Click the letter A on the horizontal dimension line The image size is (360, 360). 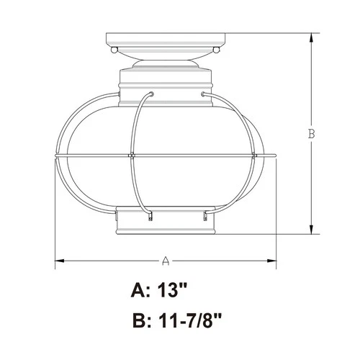pos(165,260)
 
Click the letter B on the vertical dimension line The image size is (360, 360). pos(311,133)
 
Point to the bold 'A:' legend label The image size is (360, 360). pos(142,292)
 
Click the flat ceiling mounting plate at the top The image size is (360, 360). pos(165,39)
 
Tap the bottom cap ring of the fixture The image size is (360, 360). pos(165,223)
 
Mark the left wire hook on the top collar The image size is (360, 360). pos(150,94)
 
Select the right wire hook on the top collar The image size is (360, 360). pos(204,94)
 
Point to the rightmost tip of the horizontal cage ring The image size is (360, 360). pos(276,156)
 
